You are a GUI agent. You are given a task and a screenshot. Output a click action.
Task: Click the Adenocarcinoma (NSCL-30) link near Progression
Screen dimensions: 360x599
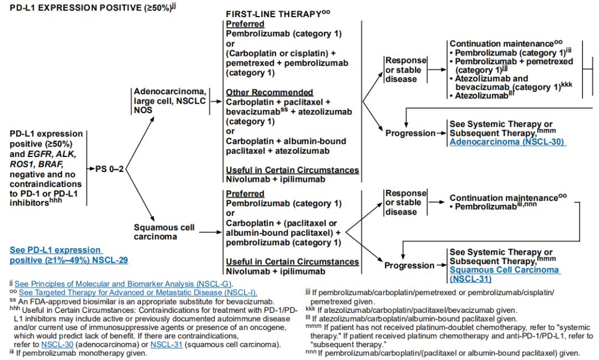tap(507, 142)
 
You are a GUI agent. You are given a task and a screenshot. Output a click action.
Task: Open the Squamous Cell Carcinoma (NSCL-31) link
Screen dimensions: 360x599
tap(504, 274)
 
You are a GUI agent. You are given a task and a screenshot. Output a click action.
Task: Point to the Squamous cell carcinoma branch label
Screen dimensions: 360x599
tap(164, 232)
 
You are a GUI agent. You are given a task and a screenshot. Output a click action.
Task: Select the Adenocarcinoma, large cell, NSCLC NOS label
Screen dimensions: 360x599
tap(169, 100)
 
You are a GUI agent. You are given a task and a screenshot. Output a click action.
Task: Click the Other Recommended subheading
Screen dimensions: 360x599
tap(269, 92)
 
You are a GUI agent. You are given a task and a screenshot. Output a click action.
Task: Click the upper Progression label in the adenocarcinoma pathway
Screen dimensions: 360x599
tap(410, 133)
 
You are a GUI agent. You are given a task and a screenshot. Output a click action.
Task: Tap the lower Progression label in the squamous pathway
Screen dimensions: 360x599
tap(409, 266)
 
